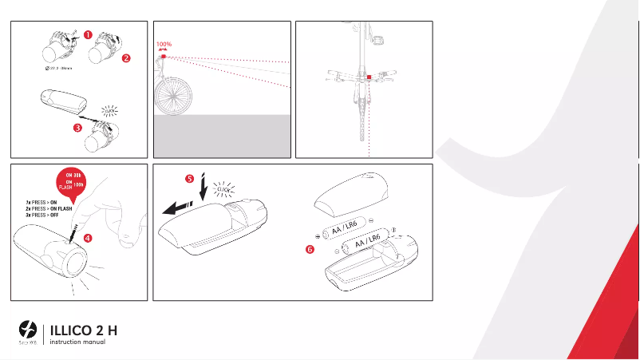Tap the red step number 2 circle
pos(126,57)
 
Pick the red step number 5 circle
pos(189,179)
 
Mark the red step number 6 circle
pos(310,249)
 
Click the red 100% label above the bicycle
pos(164,45)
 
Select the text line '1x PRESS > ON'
pos(44,203)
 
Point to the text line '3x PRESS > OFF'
pos(45,216)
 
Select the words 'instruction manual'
pos(77,342)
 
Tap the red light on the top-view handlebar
pos(369,78)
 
